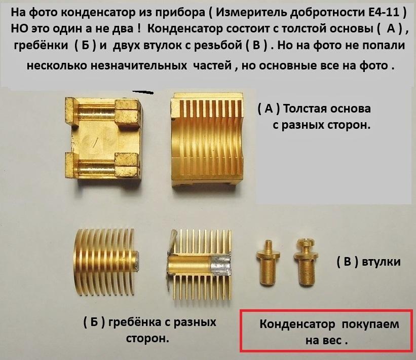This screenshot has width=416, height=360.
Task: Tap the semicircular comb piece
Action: pos(105,262)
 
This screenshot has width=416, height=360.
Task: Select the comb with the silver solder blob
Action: pos(199,265)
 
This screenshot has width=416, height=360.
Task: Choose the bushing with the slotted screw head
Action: pos(306,262)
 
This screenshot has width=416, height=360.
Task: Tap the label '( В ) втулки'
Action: pos(368,262)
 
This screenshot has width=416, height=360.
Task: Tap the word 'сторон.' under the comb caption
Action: pos(147,339)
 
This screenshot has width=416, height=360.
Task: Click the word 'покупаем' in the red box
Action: pos(370,324)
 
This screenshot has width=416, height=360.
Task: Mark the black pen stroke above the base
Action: pos(143,92)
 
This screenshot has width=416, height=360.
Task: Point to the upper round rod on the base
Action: pos(95,111)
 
